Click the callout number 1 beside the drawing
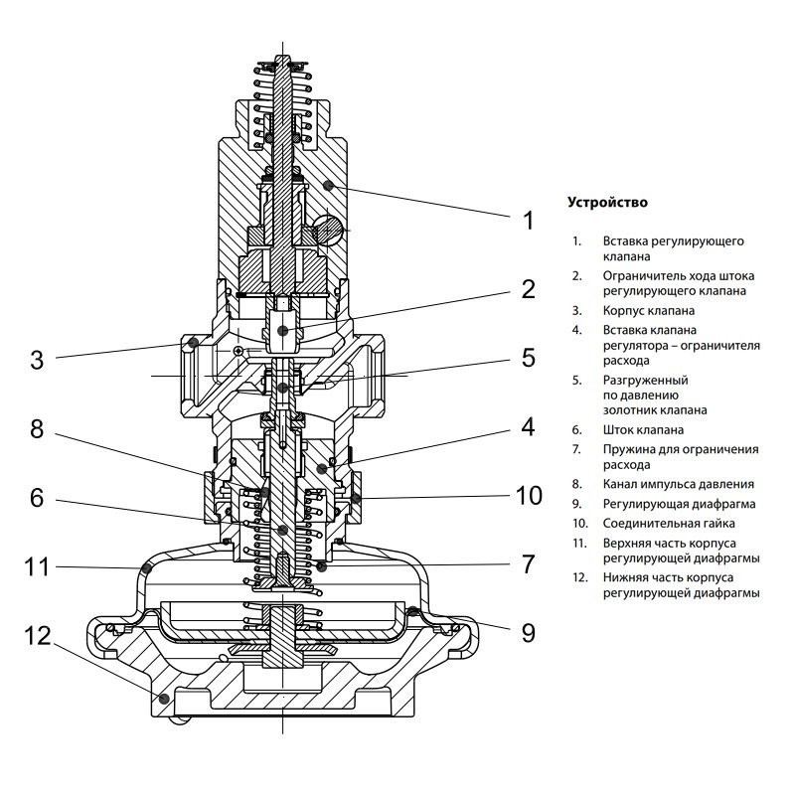pos(528,220)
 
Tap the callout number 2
pos(528,289)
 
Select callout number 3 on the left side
pos(36,360)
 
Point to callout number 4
pos(528,427)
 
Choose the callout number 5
pos(528,358)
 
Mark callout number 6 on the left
pos(36,497)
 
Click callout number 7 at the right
pos(528,564)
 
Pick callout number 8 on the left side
pos(36,429)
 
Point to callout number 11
pos(36,567)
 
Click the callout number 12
pos(36,636)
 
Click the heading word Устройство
pos(607,202)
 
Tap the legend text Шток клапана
pos(642,430)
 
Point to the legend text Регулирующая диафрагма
pos(671,504)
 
